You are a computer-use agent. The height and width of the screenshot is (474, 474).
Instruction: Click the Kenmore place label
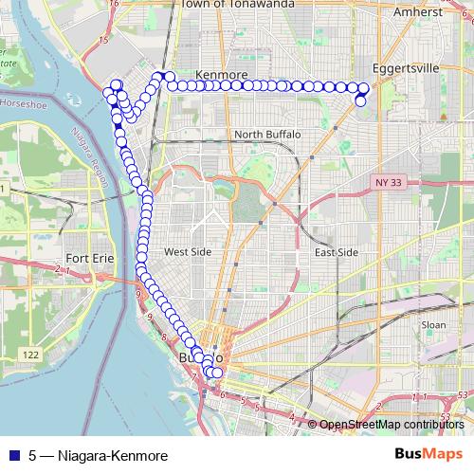(x=220, y=74)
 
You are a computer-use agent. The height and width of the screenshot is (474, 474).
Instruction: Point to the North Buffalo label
(x=267, y=135)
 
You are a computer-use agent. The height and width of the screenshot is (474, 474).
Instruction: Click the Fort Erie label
(x=91, y=258)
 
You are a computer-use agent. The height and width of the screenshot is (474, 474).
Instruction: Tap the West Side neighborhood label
(x=188, y=252)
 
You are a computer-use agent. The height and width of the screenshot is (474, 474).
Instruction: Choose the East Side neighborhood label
(x=336, y=252)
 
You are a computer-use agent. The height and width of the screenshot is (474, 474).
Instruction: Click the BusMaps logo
(x=428, y=455)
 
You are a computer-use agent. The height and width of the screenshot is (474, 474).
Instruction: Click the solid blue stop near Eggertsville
(x=360, y=100)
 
